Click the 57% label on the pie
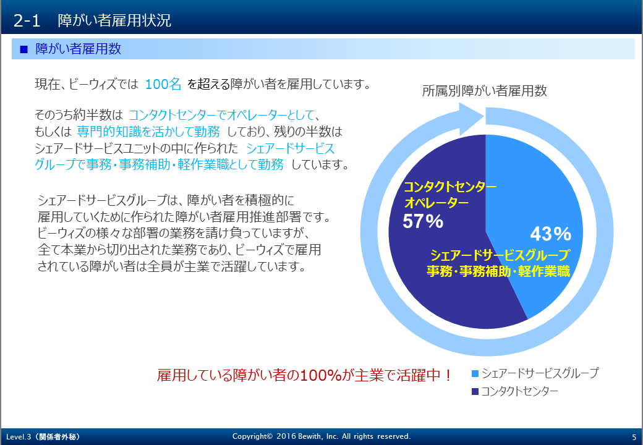423,221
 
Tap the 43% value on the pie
550,234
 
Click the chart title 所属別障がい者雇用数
484,91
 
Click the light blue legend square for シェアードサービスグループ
475,373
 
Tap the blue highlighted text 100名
163,84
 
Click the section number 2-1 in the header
27,20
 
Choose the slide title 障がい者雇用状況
114,20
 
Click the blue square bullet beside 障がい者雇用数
23,49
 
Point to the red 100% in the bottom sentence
321,375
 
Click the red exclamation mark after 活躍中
448,375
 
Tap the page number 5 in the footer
634,437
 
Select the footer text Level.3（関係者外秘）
43,437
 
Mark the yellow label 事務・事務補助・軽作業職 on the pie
498,271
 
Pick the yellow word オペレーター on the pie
436,203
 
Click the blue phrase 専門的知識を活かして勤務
148,132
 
